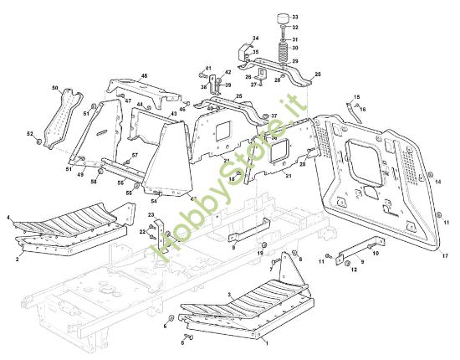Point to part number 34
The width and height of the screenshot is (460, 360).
point(256,39)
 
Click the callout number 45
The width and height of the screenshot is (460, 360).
point(144,76)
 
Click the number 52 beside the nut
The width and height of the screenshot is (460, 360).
point(29,133)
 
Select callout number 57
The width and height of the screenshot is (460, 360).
point(135,156)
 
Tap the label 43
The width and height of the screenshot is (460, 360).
point(173,114)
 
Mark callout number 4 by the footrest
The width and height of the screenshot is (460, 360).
point(8,218)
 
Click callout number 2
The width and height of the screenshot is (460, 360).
point(18,260)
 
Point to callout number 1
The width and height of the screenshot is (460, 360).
point(266,343)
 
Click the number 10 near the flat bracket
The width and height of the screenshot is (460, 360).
point(376,252)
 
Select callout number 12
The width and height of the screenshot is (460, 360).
point(354,270)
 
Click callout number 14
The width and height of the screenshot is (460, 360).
point(438,180)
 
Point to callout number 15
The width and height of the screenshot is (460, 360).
point(355,97)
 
